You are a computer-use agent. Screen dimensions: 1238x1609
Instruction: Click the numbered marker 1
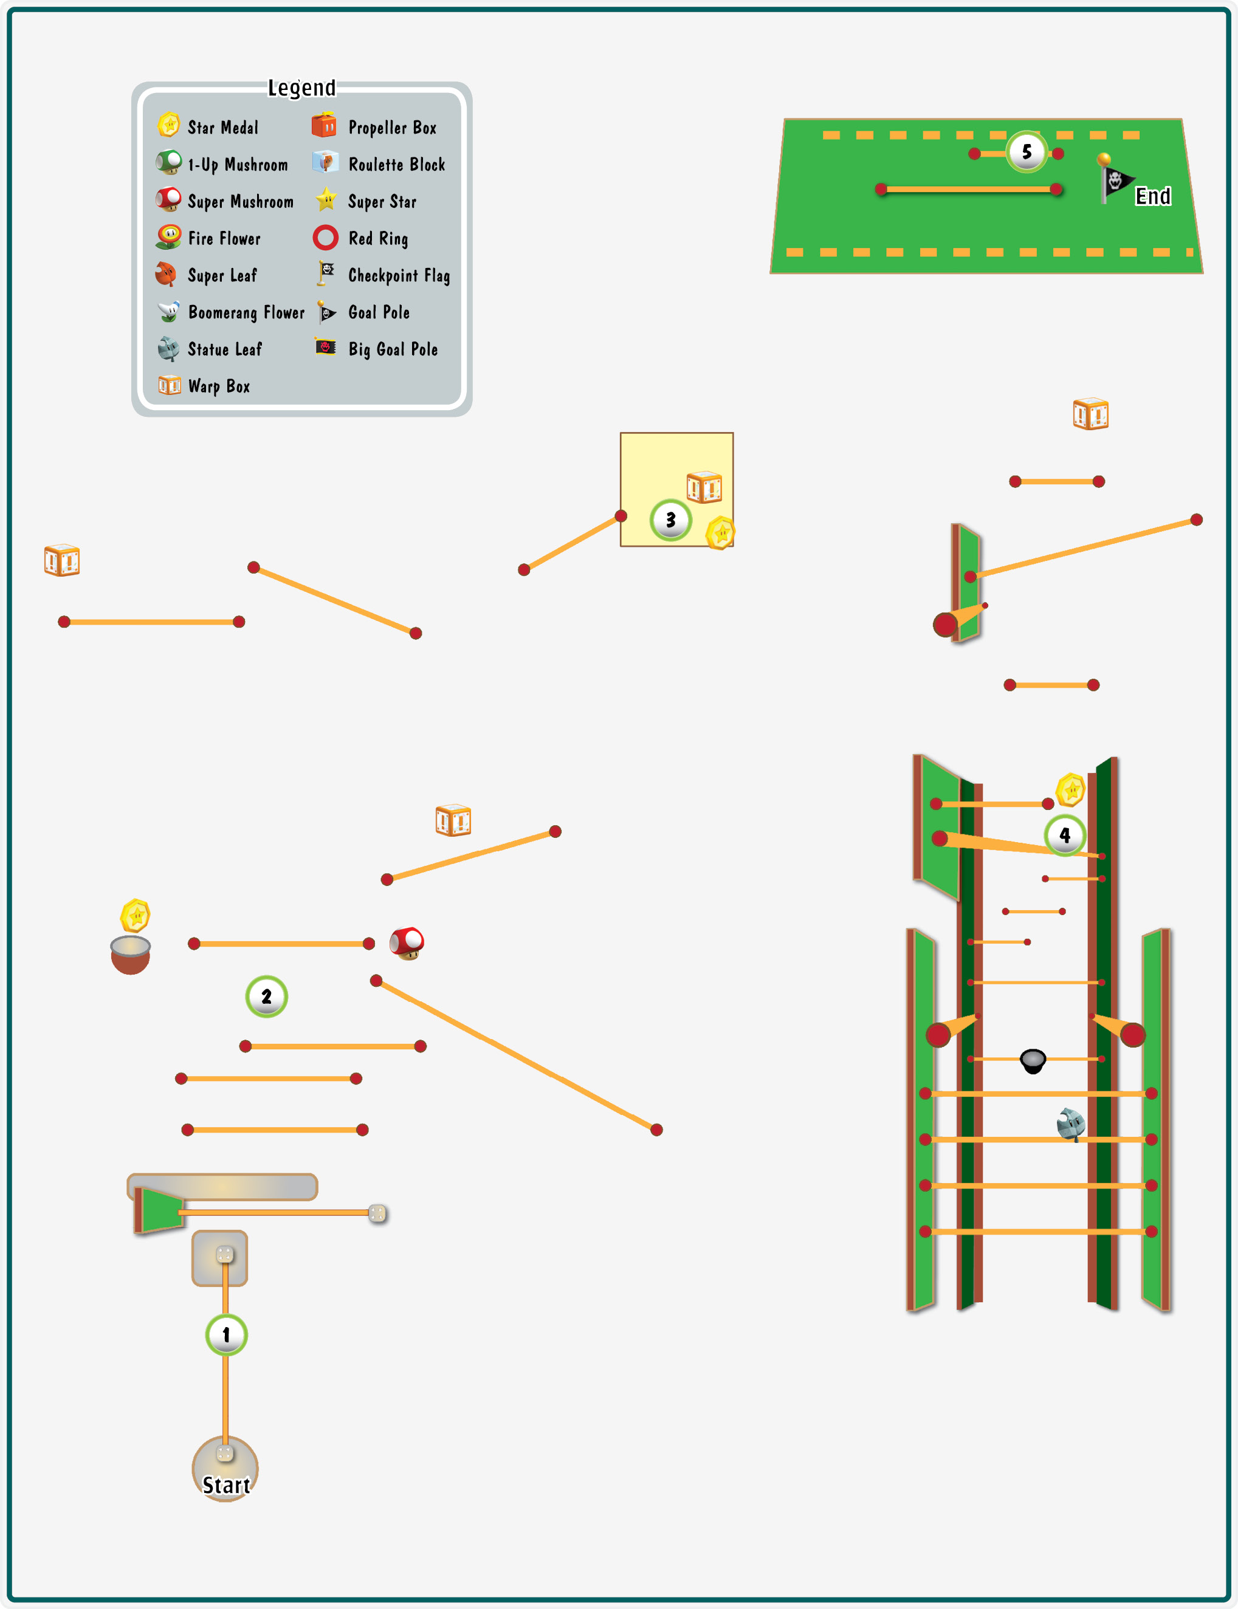click(226, 1334)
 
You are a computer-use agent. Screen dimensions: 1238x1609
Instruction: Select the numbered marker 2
click(266, 996)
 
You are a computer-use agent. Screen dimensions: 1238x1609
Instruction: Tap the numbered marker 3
click(670, 520)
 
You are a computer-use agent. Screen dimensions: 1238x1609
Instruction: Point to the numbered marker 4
click(1065, 835)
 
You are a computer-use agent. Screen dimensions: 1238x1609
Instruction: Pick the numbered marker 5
click(1027, 152)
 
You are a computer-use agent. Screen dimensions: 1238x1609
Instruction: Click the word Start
click(226, 1485)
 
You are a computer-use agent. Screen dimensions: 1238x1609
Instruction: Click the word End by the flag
click(1154, 196)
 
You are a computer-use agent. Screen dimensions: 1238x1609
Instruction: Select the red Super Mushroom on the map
click(407, 943)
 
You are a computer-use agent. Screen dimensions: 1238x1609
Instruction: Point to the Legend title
click(301, 88)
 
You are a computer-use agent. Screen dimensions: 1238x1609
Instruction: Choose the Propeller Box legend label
click(393, 128)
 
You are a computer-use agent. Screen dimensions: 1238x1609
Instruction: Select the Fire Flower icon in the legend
click(170, 236)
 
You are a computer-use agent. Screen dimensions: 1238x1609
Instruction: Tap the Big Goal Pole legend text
click(393, 349)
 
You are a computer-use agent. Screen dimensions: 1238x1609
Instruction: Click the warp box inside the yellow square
click(704, 486)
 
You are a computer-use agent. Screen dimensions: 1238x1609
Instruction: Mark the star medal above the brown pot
click(136, 916)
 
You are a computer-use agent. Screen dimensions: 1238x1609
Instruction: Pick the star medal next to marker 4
click(1071, 790)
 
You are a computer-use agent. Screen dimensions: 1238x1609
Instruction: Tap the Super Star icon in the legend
click(326, 200)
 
